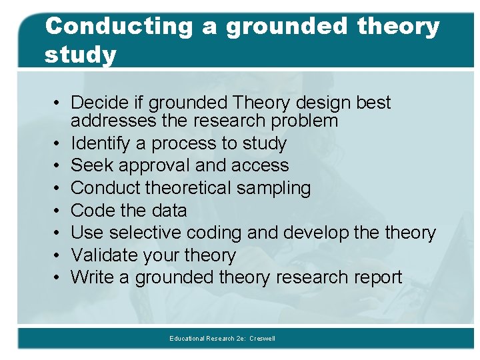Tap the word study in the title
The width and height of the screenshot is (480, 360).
[80, 55]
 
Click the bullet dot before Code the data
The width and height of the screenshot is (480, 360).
[59, 211]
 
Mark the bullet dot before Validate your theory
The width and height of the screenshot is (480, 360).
[59, 255]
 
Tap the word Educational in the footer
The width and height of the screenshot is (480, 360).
[187, 339]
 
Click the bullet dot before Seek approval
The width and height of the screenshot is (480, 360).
[59, 165]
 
